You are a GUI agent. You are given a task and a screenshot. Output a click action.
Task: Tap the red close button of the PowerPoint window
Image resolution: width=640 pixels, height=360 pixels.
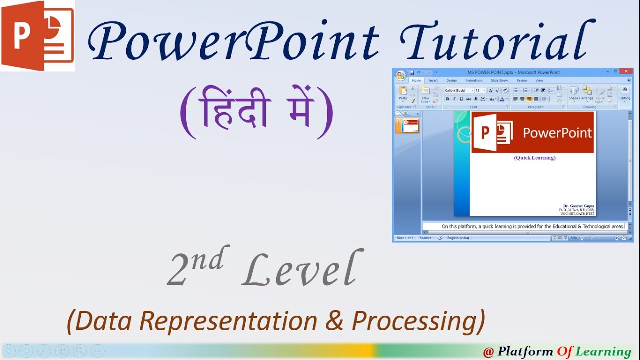click(x=625, y=72)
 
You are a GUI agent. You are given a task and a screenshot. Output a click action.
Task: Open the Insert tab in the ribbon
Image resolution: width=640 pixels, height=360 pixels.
click(x=433, y=80)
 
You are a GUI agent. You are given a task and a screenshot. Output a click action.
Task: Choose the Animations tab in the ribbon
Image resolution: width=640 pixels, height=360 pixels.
click(x=474, y=80)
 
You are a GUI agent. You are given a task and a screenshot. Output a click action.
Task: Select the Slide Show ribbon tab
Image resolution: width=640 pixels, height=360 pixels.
click(x=499, y=80)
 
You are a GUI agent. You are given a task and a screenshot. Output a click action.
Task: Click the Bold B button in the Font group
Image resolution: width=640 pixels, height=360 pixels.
click(x=448, y=99)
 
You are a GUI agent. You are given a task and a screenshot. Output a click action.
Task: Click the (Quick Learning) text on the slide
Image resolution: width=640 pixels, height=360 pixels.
click(x=534, y=158)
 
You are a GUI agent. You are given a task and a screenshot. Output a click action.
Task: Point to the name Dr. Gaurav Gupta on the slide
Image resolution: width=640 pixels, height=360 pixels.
click(x=578, y=206)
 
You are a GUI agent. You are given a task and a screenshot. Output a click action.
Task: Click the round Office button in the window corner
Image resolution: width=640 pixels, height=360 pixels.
click(x=401, y=75)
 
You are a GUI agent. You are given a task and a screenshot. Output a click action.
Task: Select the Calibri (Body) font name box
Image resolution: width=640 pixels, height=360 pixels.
click(x=457, y=90)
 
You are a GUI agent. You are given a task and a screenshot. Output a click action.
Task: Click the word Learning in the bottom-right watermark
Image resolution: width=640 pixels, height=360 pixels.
click(x=603, y=352)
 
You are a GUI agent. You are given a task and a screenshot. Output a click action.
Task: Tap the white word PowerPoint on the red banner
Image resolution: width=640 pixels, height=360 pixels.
click(x=557, y=133)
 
